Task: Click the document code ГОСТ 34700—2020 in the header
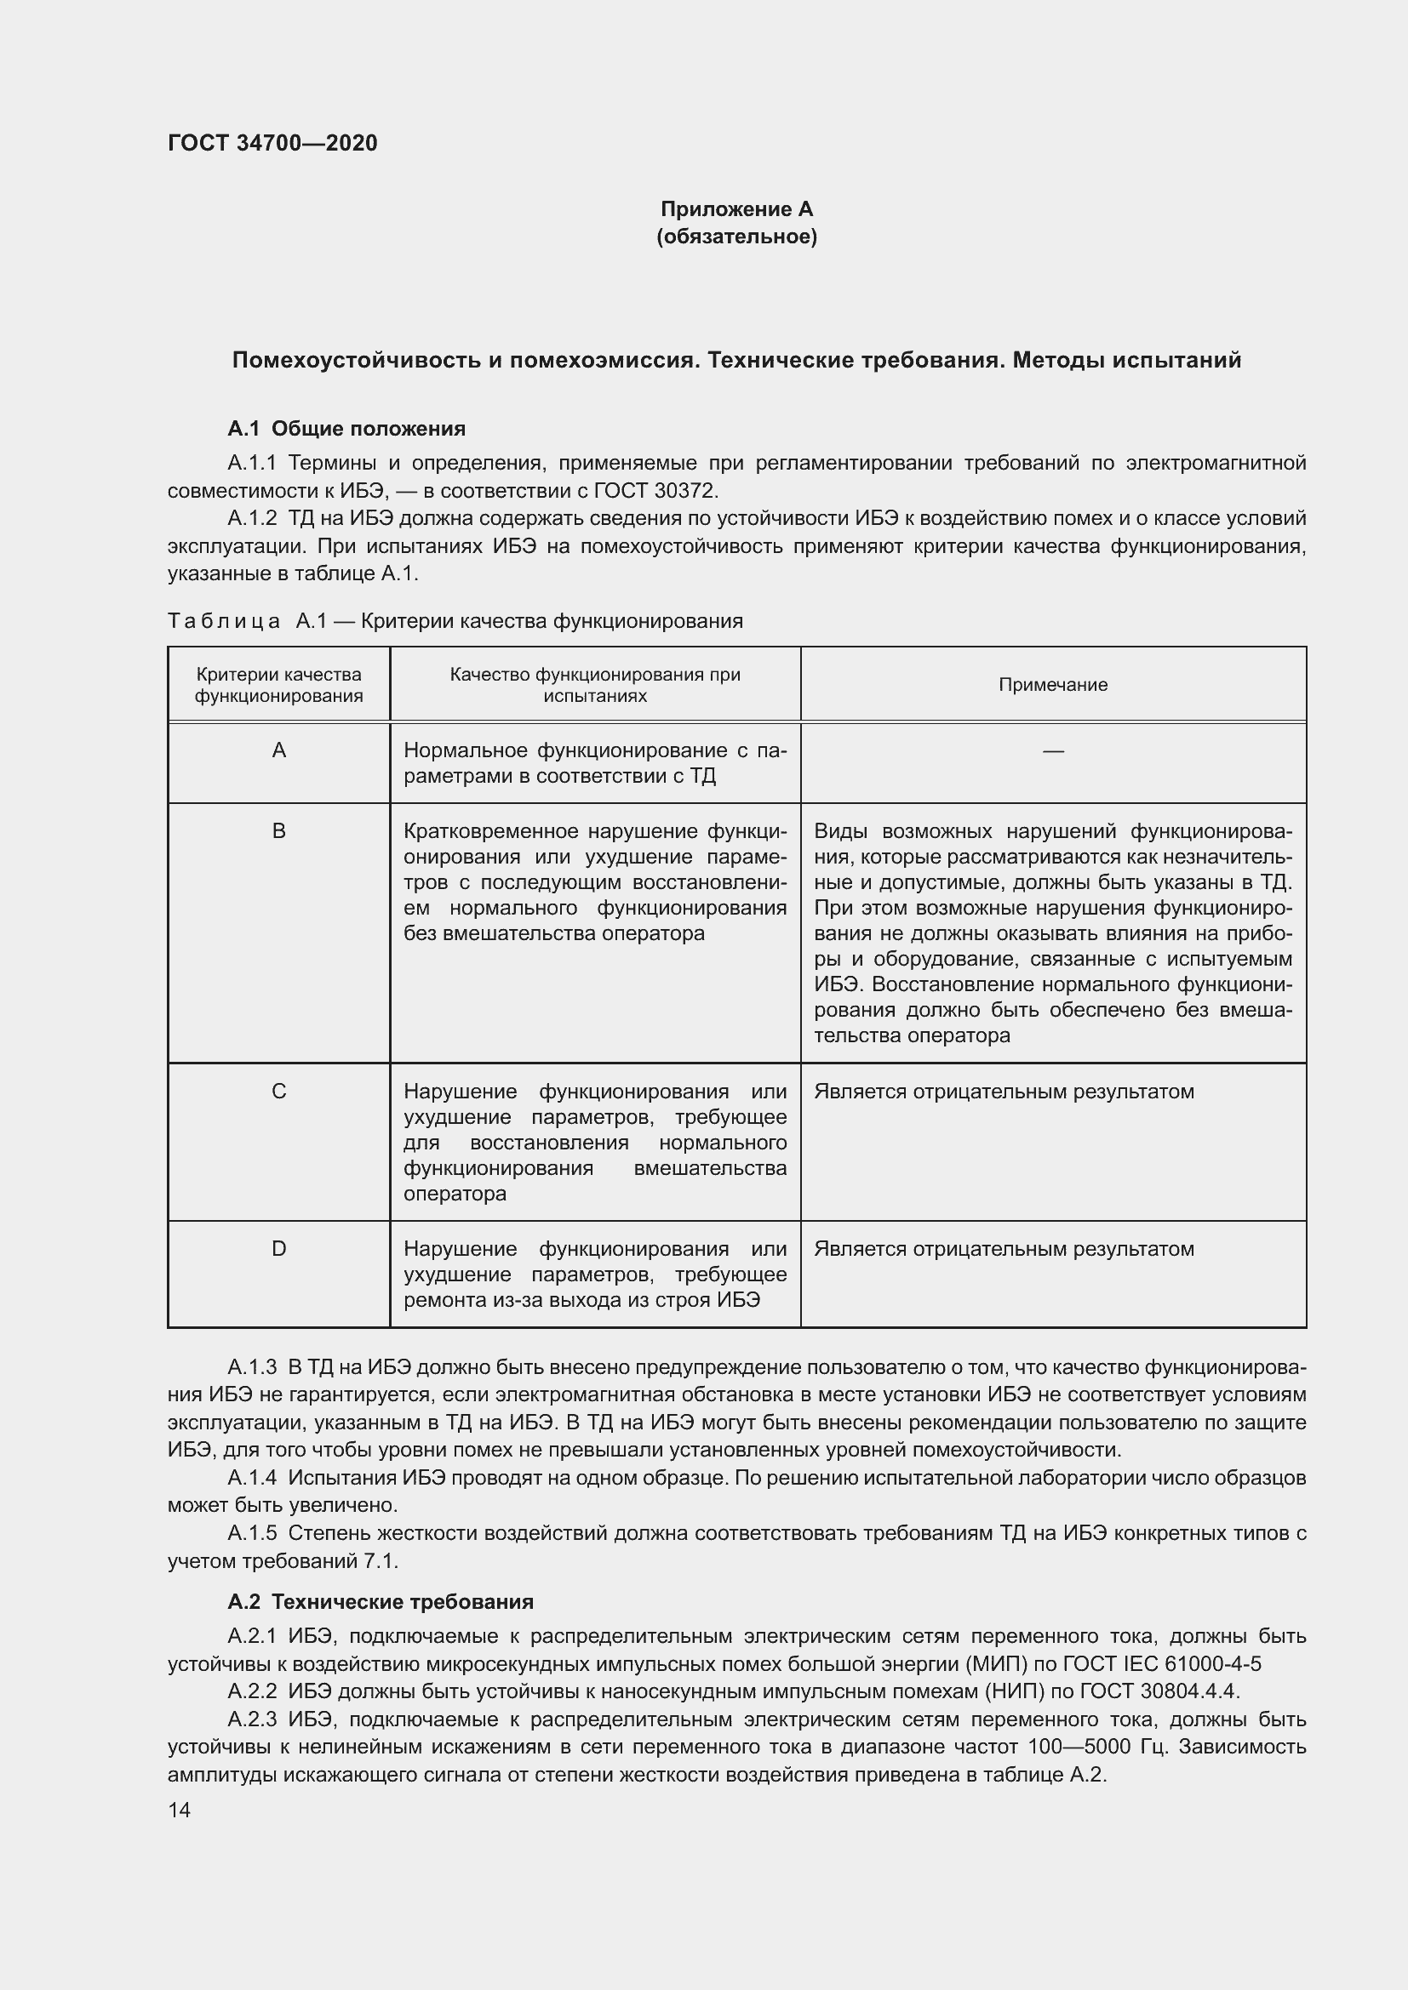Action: [x=272, y=143]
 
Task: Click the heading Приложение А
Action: [x=736, y=209]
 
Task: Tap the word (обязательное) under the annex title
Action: [x=736, y=237]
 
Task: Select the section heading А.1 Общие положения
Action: [x=346, y=428]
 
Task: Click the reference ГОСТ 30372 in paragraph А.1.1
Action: [x=655, y=491]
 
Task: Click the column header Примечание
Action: [x=1052, y=685]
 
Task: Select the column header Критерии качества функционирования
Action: [x=278, y=685]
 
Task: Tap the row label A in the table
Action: [x=278, y=750]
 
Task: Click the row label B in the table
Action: [x=278, y=831]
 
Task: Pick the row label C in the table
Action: [x=278, y=1092]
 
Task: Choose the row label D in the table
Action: [x=278, y=1249]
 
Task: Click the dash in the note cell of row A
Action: [x=1052, y=750]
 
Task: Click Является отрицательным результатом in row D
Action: [x=1003, y=1249]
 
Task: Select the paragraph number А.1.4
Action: [x=251, y=1478]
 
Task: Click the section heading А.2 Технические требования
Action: [x=380, y=1602]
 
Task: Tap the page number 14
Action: [x=180, y=1810]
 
